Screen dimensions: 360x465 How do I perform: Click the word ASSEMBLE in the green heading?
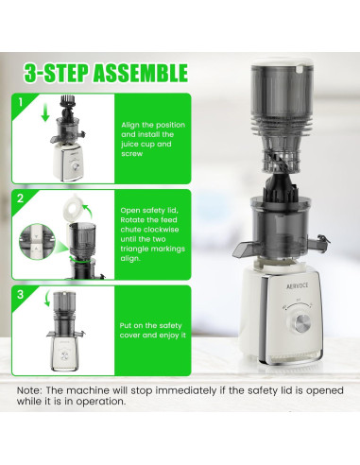point(141,73)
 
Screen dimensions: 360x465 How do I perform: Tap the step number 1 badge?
point(21,102)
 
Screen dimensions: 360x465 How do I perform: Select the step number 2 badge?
point(21,198)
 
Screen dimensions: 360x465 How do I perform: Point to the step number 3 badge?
point(21,295)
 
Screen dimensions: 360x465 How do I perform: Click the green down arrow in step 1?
point(45,112)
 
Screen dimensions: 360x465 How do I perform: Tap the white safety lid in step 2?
point(73,208)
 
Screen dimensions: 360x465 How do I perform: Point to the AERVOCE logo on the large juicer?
point(298,285)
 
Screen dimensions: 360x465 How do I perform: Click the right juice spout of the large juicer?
point(317,243)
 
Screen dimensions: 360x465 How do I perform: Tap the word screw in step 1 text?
point(132,154)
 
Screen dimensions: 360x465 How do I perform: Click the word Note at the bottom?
point(29,390)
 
